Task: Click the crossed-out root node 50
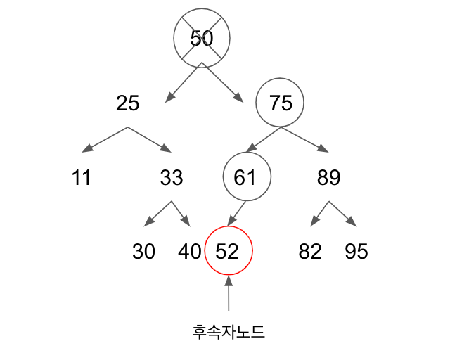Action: (x=202, y=38)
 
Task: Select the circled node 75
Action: (x=280, y=103)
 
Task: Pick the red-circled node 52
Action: (x=228, y=252)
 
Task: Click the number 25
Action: (x=127, y=103)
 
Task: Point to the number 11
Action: (x=82, y=178)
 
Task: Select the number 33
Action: (x=172, y=178)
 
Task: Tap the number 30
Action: (x=143, y=252)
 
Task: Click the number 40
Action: (x=190, y=252)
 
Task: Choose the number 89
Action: (x=328, y=178)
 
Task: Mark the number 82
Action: (x=310, y=252)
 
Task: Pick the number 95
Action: (x=356, y=252)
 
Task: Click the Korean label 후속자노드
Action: (x=229, y=331)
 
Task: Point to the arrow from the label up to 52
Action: (x=229, y=294)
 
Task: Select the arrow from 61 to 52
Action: (x=236, y=213)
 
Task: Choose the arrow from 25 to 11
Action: (x=105, y=139)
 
